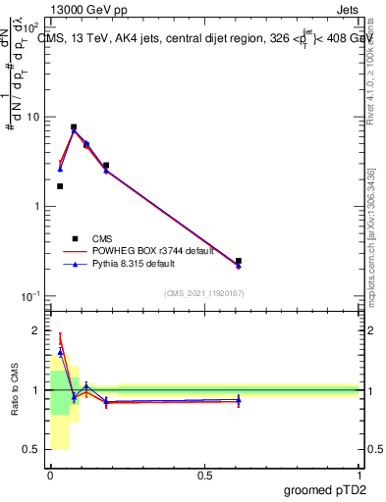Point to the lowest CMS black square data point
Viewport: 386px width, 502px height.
pos(239,261)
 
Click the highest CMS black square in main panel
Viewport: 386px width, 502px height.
pos(74,127)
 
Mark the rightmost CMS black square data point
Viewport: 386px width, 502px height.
pos(239,261)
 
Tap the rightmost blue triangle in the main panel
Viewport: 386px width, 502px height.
pos(239,266)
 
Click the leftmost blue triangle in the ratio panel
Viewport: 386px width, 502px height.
pos(60,351)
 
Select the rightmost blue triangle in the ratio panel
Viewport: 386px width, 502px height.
pos(239,399)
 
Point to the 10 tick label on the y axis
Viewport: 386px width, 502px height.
pos(31,117)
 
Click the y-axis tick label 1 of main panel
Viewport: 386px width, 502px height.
pos(36,207)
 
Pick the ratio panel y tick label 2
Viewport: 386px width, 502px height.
pos(36,331)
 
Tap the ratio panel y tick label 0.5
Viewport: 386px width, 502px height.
pos(31,450)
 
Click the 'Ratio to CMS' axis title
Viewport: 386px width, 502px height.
pos(15,390)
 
